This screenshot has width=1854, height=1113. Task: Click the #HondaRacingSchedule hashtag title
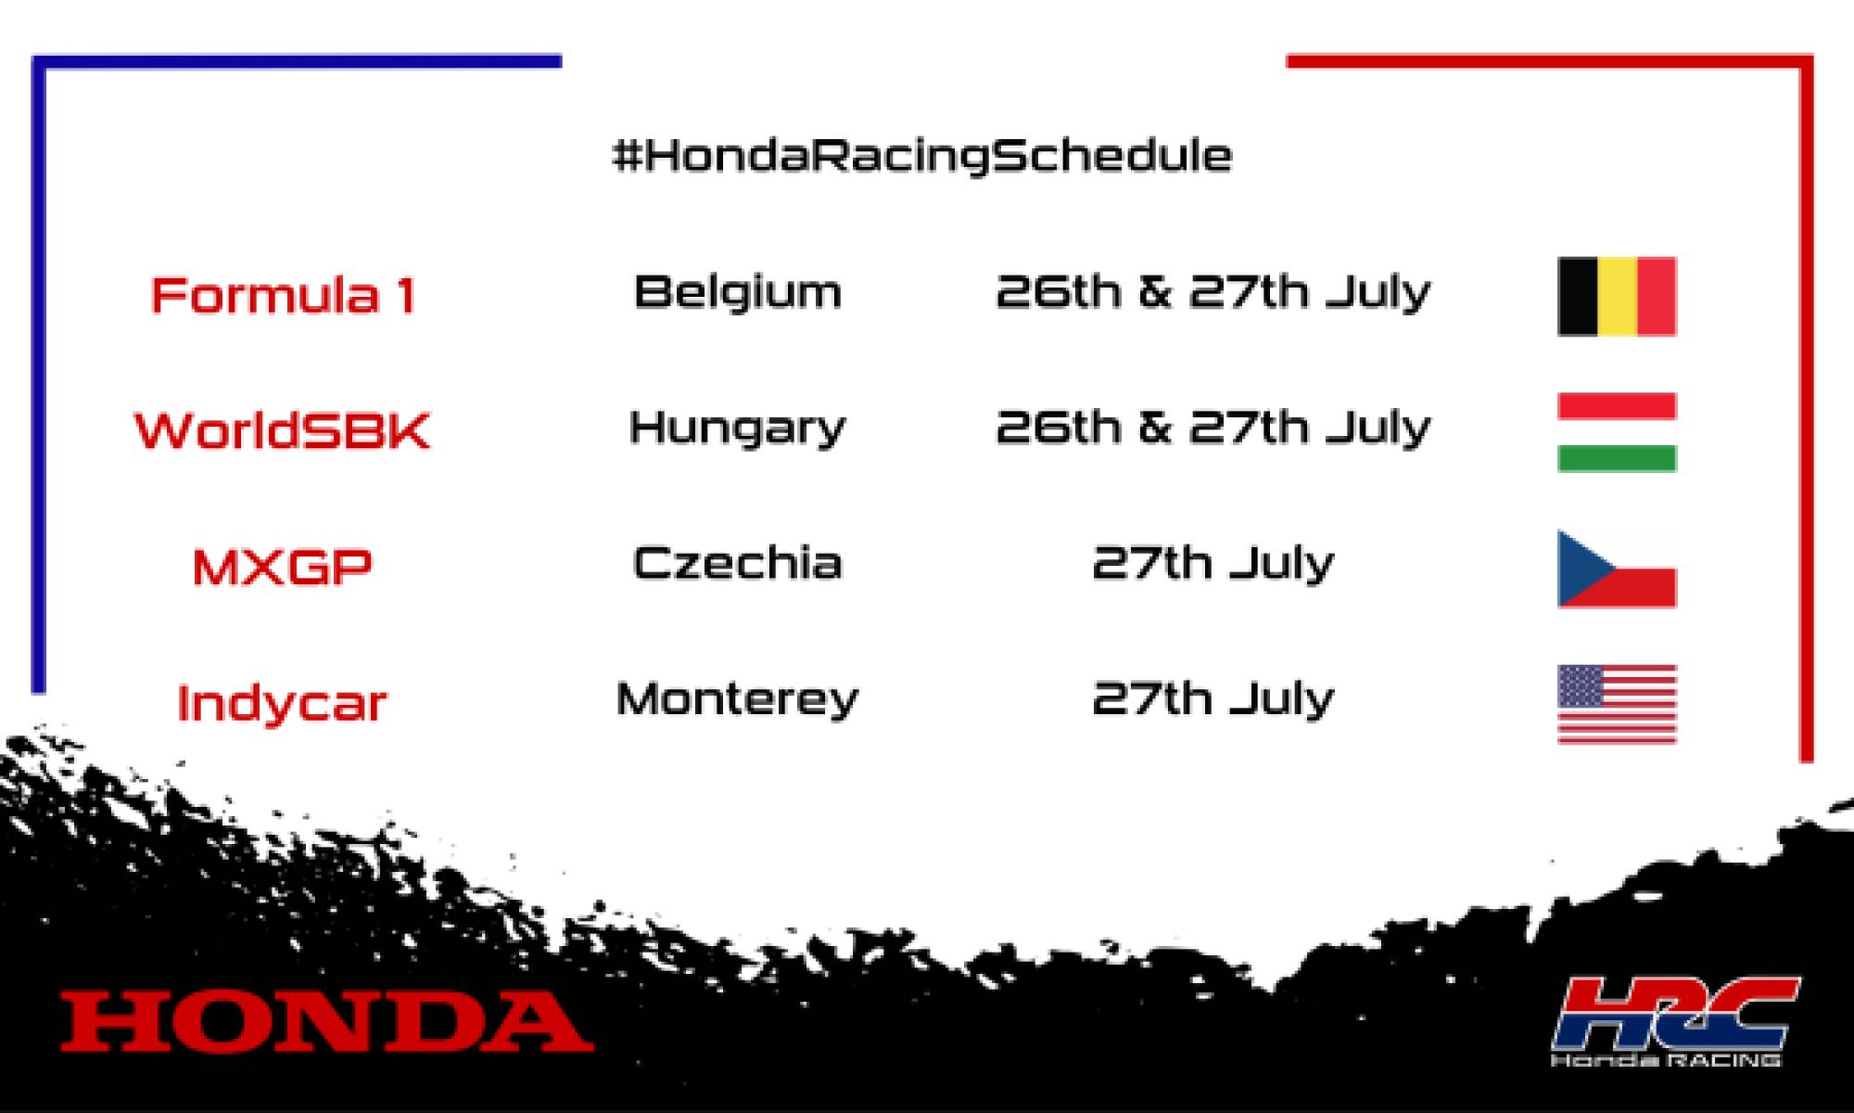tap(922, 155)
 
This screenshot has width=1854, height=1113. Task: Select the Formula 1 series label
tap(283, 296)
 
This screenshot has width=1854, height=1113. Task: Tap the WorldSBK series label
tap(283, 430)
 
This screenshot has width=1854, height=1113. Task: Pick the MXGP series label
tap(283, 566)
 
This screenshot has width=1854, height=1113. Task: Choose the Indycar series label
tap(282, 703)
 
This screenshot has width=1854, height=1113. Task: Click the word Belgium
tap(738, 292)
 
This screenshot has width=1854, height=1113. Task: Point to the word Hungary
tap(738, 429)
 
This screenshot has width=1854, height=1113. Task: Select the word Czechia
tap(738, 563)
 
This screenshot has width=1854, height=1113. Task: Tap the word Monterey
tap(738, 699)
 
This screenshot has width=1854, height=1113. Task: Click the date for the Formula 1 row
tap(1213, 292)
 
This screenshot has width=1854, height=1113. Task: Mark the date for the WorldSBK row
tap(1213, 429)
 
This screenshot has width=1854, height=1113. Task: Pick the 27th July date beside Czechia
tap(1213, 563)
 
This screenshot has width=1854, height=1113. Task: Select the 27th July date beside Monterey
tap(1213, 698)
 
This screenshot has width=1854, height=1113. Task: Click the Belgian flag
tap(1618, 296)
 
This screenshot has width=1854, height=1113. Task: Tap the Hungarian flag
tap(1618, 432)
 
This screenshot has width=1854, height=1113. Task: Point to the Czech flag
tap(1618, 569)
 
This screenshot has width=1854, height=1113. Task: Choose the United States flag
tap(1618, 704)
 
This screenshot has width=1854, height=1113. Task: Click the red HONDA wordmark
tap(326, 1021)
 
